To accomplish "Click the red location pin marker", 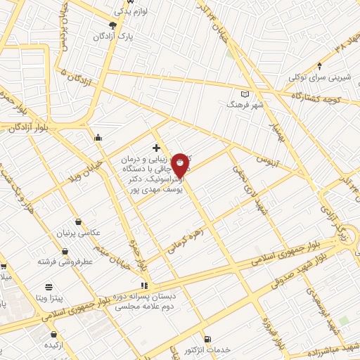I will click(x=181, y=165).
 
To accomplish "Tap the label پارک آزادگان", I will click(x=117, y=34).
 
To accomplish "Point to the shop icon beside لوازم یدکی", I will click(x=117, y=12).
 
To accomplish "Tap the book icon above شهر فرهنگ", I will click(x=245, y=94).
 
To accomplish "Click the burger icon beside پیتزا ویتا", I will click(x=49, y=286).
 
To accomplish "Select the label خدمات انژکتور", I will click(x=207, y=349).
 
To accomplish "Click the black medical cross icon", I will click(x=156, y=148).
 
